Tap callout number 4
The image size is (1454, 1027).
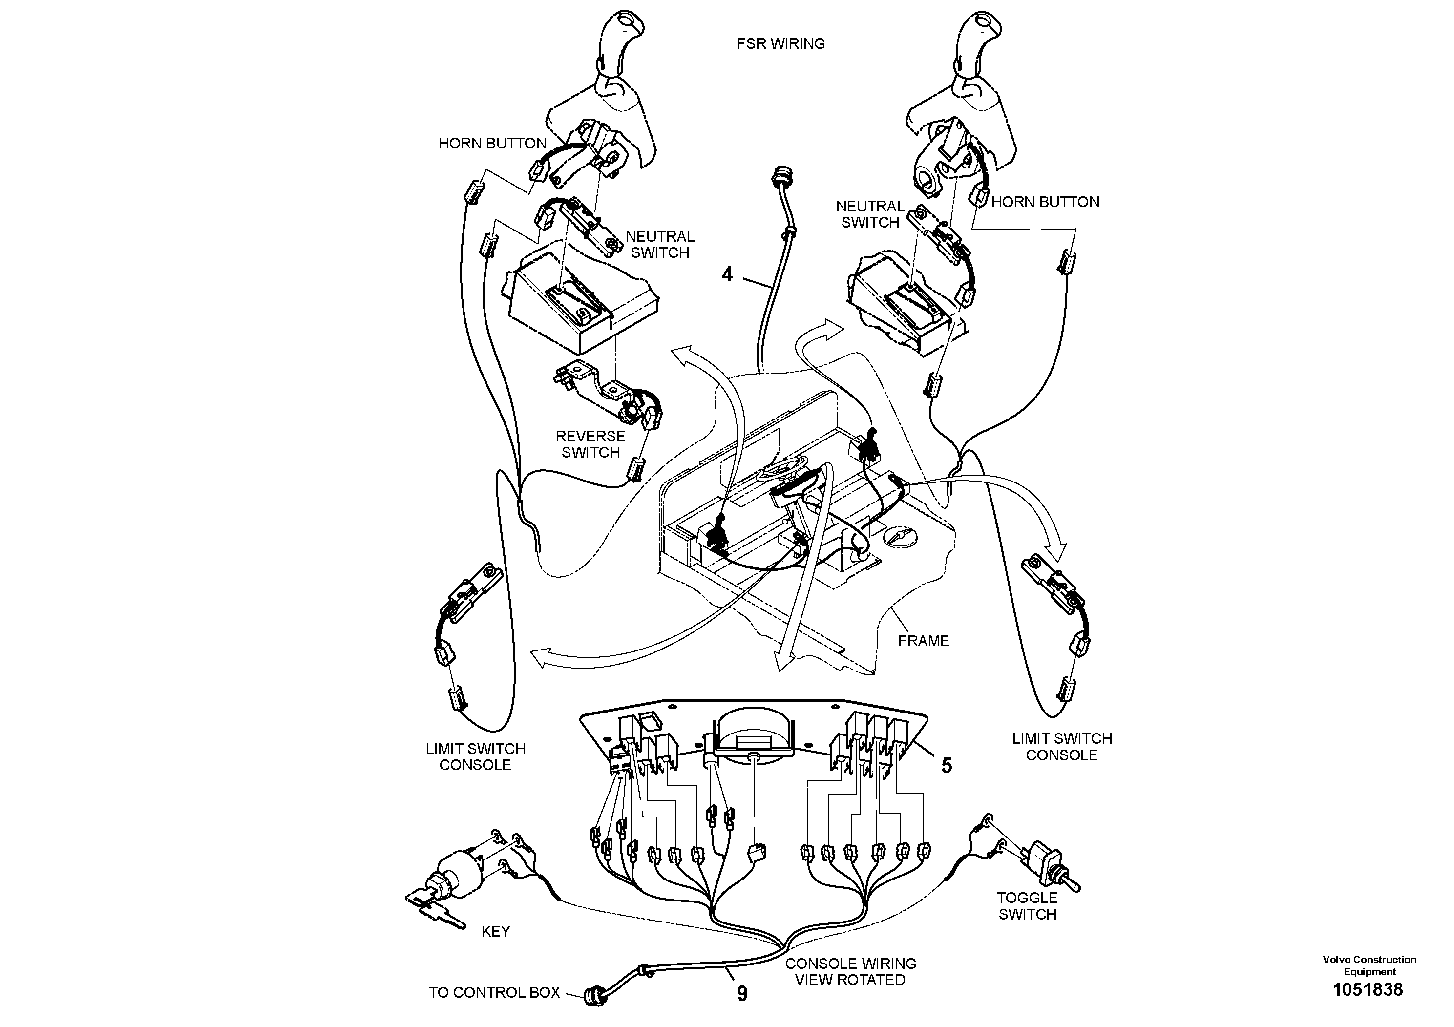[x=728, y=274]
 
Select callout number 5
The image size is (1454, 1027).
[x=946, y=766]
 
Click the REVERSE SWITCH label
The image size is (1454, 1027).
[x=590, y=444]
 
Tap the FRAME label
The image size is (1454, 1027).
[x=923, y=641]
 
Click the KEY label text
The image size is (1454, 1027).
[x=495, y=931]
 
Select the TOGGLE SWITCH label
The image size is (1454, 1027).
[x=1027, y=905]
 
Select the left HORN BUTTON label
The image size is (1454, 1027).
[x=492, y=143]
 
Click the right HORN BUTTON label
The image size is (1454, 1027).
[x=1045, y=202]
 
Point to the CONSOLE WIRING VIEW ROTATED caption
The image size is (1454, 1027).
[x=850, y=971]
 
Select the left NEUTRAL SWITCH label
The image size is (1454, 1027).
[x=659, y=244]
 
